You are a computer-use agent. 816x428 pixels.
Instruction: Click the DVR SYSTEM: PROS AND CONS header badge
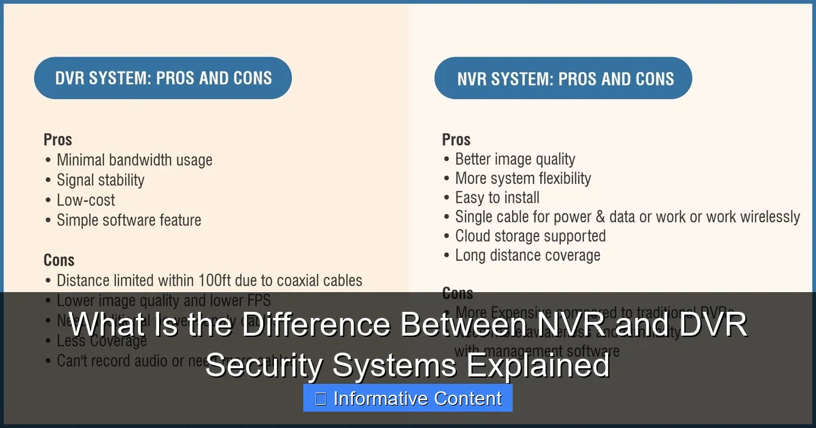163,78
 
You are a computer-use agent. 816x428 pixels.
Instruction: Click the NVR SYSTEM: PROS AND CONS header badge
563,78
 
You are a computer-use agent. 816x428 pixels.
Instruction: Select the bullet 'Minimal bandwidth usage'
134,160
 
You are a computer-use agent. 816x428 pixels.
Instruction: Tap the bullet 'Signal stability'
100,180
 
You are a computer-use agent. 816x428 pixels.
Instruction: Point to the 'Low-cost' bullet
86,200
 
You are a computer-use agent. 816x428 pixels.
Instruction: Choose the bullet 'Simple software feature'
129,220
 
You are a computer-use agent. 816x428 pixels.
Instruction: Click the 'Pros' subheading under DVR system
58,139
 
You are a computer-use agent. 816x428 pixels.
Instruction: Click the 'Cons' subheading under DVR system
58,260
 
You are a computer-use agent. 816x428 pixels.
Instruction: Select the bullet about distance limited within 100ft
209,280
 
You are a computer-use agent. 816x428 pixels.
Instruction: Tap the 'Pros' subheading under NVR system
456,139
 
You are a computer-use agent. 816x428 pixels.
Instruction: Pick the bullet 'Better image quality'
515,159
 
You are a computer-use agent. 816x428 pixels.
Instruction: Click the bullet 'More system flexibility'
522,179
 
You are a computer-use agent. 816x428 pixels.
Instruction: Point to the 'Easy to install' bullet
497,198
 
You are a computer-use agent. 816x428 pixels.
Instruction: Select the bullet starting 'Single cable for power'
627,217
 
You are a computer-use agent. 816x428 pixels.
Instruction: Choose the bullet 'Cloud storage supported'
530,236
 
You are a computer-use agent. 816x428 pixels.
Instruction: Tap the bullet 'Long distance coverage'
527,255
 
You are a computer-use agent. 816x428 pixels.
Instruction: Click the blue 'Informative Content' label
408,399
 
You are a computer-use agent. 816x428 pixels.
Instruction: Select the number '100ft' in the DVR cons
232,280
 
